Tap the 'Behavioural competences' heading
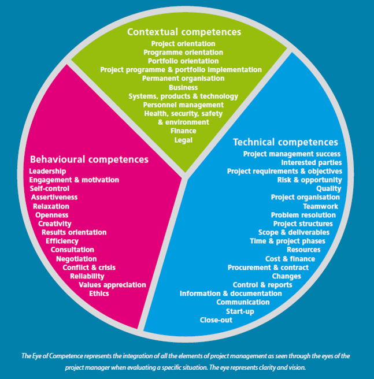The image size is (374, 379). pos(89,158)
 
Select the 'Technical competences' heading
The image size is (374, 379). pos(285,142)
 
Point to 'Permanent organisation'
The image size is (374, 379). pos(183,79)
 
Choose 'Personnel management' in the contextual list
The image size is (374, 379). pos(183,105)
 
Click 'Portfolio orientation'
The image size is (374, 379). pos(183,61)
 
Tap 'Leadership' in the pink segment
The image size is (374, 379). pos(47,171)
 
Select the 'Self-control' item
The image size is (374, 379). pos(50,188)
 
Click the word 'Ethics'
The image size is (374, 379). pos(99,293)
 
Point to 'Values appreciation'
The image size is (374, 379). pos(112,285)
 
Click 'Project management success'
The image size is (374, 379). pos(292,154)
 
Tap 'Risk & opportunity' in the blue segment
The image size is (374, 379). pos(309,180)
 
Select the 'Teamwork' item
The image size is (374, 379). pos(320,206)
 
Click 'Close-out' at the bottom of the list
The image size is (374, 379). pos(217,319)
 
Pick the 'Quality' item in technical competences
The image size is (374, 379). pos(328,188)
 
